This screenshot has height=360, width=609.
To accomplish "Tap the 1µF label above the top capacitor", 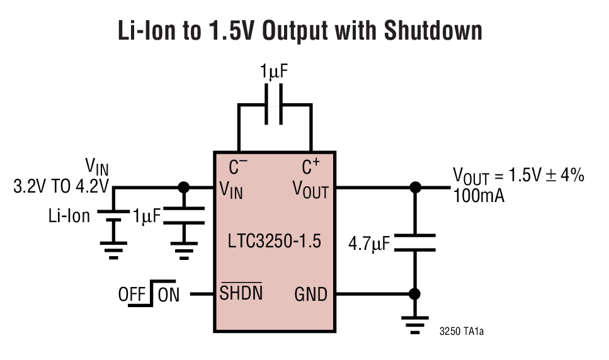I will point(274,72).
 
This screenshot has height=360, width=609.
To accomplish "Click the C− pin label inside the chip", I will point(238,167).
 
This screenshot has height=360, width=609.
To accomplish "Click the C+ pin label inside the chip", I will point(311,167).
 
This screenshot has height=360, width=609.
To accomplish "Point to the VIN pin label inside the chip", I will point(231,189).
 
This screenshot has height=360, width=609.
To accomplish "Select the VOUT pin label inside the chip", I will point(310,189).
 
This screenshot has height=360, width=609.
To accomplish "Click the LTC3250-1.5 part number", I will point(275,240).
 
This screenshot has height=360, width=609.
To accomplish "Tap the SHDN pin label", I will point(241,294).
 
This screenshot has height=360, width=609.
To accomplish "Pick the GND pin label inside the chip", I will point(310,294).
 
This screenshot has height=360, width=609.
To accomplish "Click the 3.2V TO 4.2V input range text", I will point(61,187).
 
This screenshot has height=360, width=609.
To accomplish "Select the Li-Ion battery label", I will point(69,216).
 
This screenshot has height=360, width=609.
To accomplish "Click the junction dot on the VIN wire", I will point(184,188).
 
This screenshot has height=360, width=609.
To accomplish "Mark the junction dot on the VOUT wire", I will point(415,188).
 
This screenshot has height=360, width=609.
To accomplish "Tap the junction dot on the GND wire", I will point(415,294).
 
